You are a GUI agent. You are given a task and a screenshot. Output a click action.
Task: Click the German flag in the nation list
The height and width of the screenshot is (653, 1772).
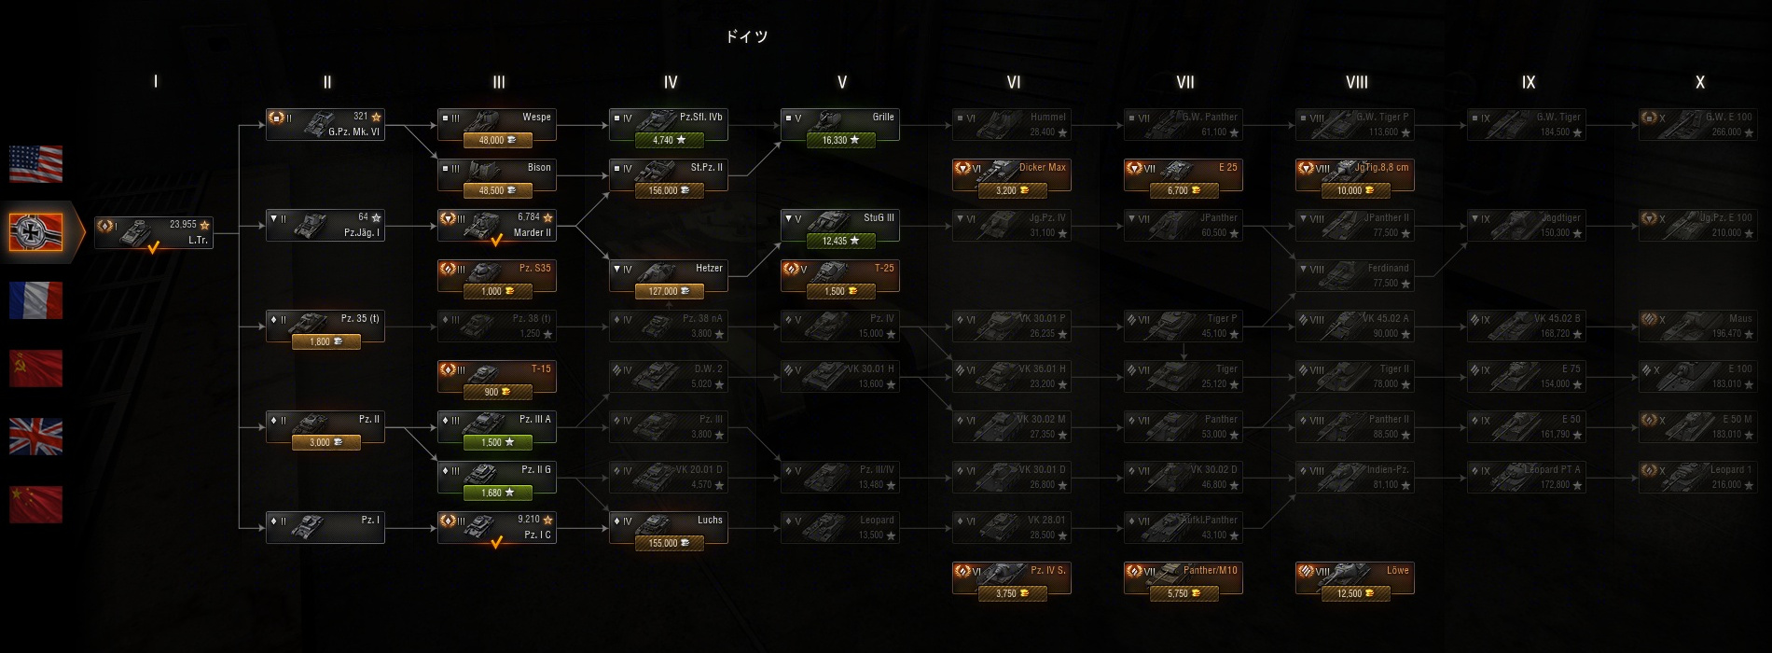click(x=36, y=231)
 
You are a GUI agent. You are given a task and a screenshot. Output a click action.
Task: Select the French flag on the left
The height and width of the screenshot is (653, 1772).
click(x=36, y=300)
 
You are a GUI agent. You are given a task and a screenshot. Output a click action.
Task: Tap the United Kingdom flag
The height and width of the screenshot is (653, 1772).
click(x=36, y=437)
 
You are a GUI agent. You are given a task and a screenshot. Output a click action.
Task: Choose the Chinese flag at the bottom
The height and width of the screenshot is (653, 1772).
click(x=36, y=505)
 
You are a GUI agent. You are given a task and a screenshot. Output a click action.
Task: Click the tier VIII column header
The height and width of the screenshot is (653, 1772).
click(x=1357, y=82)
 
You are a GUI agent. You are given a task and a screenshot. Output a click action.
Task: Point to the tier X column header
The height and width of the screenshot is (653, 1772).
click(x=1700, y=82)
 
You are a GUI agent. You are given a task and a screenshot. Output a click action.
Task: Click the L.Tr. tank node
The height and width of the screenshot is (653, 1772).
click(x=154, y=231)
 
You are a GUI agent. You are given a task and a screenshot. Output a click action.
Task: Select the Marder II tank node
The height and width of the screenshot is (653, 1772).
click(x=497, y=225)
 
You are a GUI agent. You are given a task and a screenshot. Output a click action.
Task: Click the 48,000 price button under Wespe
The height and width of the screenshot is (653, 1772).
click(x=497, y=141)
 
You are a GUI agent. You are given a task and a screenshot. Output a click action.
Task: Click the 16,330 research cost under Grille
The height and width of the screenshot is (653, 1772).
click(x=840, y=141)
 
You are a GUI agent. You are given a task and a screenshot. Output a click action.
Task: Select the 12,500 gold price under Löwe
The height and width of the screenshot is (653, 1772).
click(x=1355, y=594)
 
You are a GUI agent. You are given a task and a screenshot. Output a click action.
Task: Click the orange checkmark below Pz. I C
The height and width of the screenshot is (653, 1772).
click(x=497, y=542)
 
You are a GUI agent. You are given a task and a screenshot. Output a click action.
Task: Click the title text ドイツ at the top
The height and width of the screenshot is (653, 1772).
click(x=747, y=36)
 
